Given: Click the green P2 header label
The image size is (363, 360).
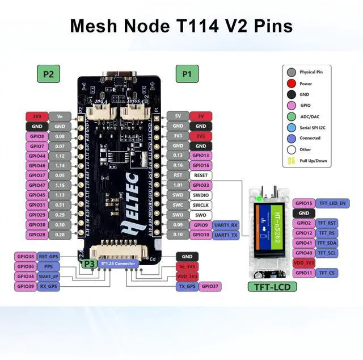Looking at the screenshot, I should click(x=49, y=73).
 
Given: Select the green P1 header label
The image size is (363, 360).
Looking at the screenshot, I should click(x=187, y=73).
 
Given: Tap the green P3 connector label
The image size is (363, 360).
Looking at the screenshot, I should click(x=89, y=264).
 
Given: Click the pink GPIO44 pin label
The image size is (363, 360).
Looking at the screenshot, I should click(x=37, y=156).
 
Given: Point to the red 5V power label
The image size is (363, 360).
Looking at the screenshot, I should click(x=200, y=116).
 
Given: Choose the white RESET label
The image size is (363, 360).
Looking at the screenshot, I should click(x=200, y=175).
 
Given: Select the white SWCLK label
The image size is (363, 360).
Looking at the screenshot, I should click(x=200, y=205).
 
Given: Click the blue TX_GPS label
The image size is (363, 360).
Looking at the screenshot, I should click(x=187, y=286).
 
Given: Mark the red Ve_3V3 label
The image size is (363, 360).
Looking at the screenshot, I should click(x=187, y=266).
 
